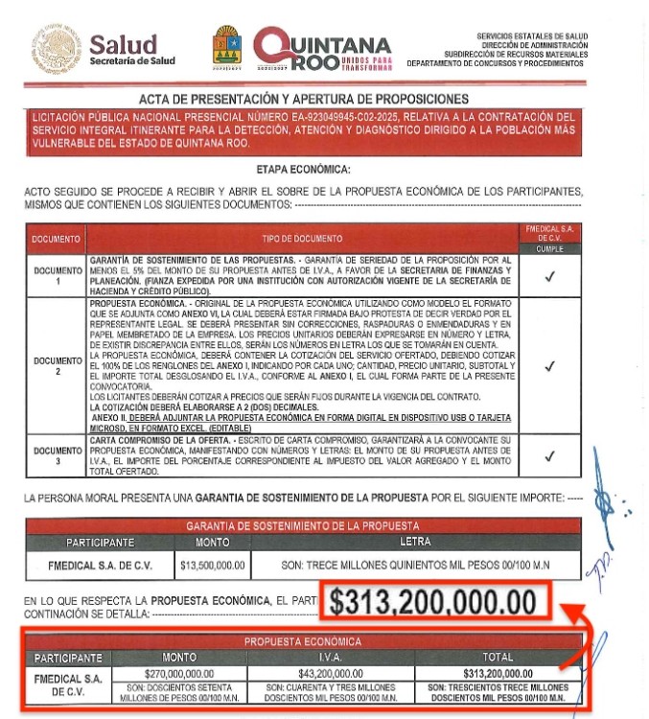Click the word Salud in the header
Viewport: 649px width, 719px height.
(131, 43)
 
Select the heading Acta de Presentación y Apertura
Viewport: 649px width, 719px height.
(304, 99)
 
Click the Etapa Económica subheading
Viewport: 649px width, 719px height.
(304, 170)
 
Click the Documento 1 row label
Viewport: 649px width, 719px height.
(58, 276)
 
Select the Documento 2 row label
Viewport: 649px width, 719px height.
(58, 365)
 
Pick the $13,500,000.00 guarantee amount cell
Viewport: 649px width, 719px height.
(213, 565)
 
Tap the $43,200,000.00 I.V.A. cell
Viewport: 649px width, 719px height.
(330, 675)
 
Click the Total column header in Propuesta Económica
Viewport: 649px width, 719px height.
(498, 659)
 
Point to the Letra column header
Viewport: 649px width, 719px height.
(416, 543)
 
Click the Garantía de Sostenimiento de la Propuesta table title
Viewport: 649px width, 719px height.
(304, 525)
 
